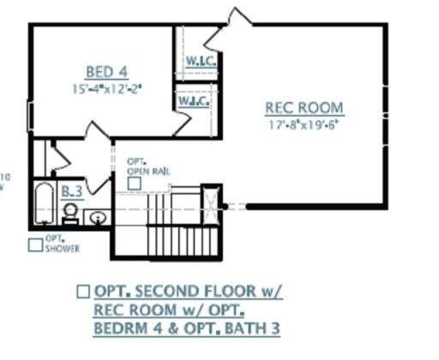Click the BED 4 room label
click(107, 71)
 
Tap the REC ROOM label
click(304, 108)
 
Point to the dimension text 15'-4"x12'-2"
click(107, 88)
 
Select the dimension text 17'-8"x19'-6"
click(304, 124)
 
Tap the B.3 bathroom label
click(72, 191)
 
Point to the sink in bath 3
click(98, 217)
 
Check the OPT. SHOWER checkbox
click(35, 245)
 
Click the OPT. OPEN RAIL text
click(147, 166)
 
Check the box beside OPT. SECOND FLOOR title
click(83, 291)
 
